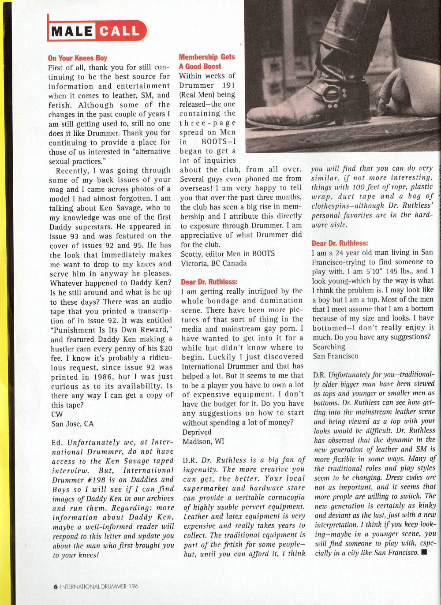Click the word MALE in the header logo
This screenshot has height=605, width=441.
[x=71, y=31]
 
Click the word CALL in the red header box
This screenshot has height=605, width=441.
[x=120, y=31]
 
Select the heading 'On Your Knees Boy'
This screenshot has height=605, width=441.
[x=77, y=58]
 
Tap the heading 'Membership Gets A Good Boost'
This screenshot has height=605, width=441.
[x=207, y=61]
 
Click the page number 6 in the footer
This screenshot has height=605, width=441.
[x=55, y=586]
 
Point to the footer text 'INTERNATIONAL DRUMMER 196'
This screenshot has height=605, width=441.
[x=99, y=586]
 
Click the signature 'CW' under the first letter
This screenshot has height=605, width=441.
[x=57, y=414]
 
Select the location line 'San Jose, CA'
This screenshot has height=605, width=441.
[x=72, y=424]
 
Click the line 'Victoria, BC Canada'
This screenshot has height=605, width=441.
[x=214, y=263]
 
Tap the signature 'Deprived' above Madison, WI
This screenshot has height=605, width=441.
[x=197, y=432]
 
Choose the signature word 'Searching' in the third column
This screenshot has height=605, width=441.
[x=329, y=347]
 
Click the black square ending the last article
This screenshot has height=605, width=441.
[x=424, y=552]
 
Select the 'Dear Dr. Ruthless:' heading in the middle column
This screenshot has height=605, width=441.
[x=209, y=282]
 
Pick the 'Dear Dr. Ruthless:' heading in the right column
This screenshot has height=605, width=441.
[x=340, y=243]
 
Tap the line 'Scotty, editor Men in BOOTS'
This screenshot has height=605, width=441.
[x=228, y=254]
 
